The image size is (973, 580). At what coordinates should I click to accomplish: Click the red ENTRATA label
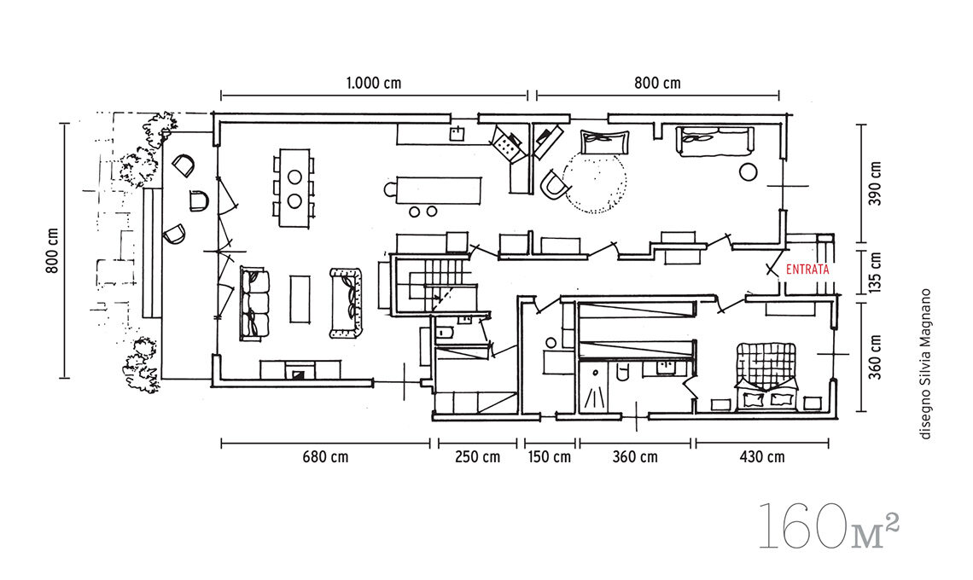[807, 270]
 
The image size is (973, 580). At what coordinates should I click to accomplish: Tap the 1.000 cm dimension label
[374, 83]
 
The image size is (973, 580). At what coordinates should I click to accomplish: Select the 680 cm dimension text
[325, 457]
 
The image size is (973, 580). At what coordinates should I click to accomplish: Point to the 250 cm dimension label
[477, 457]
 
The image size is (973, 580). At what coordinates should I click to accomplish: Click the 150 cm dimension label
[549, 457]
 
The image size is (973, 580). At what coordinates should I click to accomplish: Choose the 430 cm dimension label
[762, 457]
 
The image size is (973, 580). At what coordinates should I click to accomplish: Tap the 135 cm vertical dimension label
[875, 272]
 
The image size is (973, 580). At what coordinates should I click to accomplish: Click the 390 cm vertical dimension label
[875, 184]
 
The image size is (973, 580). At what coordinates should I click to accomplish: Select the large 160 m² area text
[829, 526]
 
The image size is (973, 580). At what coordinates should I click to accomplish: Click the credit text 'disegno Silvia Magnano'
[926, 364]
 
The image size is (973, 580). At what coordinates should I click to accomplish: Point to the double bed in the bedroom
[766, 376]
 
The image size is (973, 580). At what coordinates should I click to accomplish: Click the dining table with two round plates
[294, 188]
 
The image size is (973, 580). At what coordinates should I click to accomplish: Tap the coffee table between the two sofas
[300, 299]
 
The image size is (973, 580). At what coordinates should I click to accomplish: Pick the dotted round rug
[595, 180]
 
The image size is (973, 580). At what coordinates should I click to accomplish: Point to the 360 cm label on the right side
[875, 357]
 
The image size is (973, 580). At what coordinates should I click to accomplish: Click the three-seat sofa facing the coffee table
[254, 304]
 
